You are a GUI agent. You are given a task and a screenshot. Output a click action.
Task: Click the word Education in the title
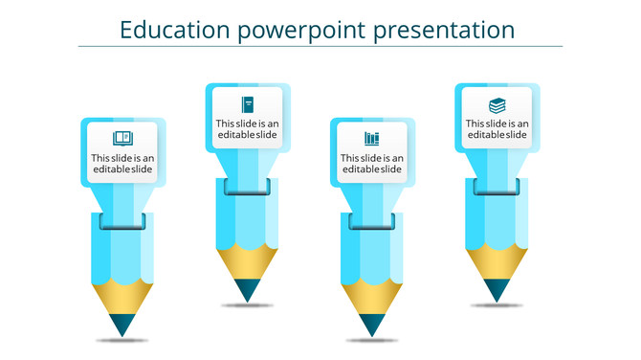(x=175, y=30)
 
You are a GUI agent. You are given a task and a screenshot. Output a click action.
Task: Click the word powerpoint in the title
(x=302, y=31)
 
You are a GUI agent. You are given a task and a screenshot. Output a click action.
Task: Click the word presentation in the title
(x=444, y=30)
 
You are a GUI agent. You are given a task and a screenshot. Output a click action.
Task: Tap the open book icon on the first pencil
(x=122, y=139)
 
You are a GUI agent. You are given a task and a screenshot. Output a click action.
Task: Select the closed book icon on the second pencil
(x=248, y=104)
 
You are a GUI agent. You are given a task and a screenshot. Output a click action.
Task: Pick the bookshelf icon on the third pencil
(x=371, y=139)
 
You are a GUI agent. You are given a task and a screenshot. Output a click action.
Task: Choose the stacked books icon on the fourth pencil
(x=497, y=104)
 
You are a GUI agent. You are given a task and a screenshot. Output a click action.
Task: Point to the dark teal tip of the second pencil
(x=247, y=289)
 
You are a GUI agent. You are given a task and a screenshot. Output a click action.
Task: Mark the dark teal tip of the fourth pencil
(x=497, y=288)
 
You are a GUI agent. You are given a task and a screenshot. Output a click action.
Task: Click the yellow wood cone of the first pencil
(x=122, y=295)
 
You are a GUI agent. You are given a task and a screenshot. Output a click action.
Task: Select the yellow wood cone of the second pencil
(x=247, y=260)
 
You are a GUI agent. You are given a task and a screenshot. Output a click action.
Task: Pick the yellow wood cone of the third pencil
(x=372, y=295)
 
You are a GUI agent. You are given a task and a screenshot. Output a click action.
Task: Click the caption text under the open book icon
(x=122, y=164)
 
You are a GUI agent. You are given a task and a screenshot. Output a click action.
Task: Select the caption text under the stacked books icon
(x=497, y=129)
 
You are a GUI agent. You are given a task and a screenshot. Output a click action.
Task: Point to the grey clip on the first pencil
(x=122, y=223)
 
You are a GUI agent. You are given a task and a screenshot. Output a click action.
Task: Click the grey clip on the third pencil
(x=372, y=222)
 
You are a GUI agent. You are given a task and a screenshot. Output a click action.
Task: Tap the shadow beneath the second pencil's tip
(x=247, y=306)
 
